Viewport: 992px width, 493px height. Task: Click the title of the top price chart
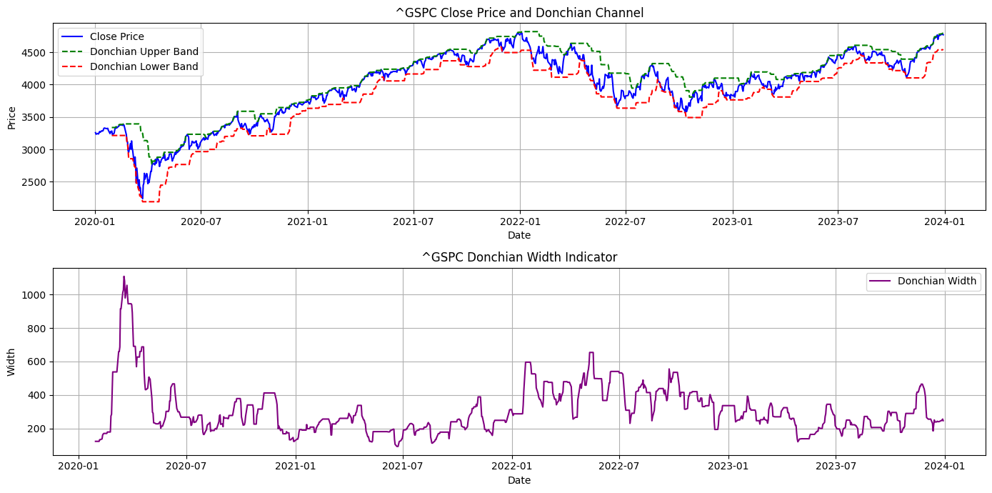[519, 13]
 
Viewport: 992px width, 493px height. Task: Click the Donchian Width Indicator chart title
[519, 257]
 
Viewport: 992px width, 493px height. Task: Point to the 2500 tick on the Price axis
[35, 182]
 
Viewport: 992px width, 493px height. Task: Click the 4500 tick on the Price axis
[35, 53]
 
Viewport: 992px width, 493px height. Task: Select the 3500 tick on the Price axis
[35, 117]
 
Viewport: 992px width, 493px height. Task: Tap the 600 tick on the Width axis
[38, 362]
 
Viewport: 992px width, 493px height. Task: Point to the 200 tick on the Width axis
[38, 429]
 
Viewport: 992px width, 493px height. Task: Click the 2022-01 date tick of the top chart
[520, 221]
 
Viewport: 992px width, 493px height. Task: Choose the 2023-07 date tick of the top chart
[838, 221]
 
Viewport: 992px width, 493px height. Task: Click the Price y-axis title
[11, 116]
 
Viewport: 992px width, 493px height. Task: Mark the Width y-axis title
[11, 362]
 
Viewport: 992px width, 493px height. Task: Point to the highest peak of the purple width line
[124, 277]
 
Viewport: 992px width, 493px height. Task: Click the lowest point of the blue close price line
[142, 198]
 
